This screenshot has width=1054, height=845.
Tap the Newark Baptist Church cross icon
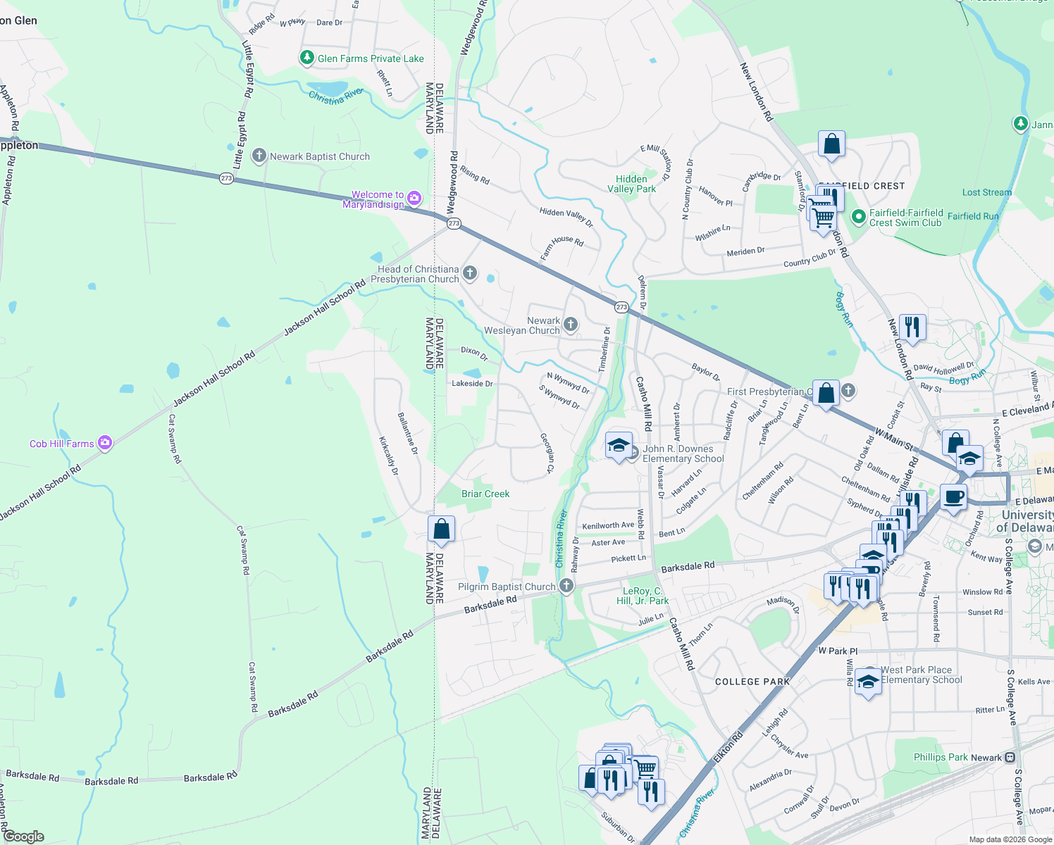coord(259,156)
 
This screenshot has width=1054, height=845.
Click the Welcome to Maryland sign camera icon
coord(414,199)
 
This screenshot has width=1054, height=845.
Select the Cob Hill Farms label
coord(62,444)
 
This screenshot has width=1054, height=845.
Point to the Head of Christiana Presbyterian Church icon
coord(470,273)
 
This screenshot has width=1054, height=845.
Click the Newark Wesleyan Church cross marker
coord(571,325)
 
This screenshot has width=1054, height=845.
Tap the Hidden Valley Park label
coord(631,184)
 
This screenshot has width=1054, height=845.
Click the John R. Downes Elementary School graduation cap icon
coord(619,445)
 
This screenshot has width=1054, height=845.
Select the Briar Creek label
coord(485,494)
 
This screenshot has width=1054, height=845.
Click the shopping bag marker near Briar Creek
coord(441,529)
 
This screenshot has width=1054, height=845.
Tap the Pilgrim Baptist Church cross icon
coord(566,586)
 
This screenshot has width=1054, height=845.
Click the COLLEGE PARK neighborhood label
coord(752,682)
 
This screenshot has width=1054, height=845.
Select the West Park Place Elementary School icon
coord(868,682)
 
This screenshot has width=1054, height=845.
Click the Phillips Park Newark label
coord(957,758)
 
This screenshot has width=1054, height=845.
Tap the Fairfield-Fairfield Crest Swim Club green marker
coord(858,217)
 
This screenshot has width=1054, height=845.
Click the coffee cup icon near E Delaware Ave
coord(953,496)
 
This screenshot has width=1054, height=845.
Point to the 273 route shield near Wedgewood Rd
coord(454,223)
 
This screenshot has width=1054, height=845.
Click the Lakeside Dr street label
coord(472,384)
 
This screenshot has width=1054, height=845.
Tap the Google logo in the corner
coord(24,837)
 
